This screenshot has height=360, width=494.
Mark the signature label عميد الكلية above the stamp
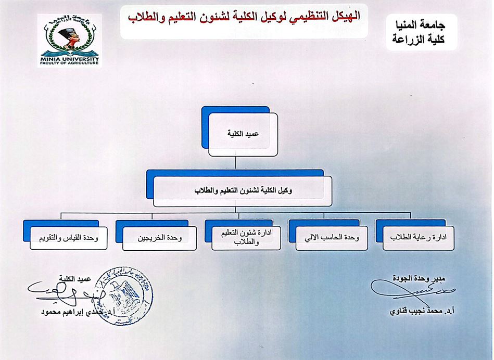click(77, 279)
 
